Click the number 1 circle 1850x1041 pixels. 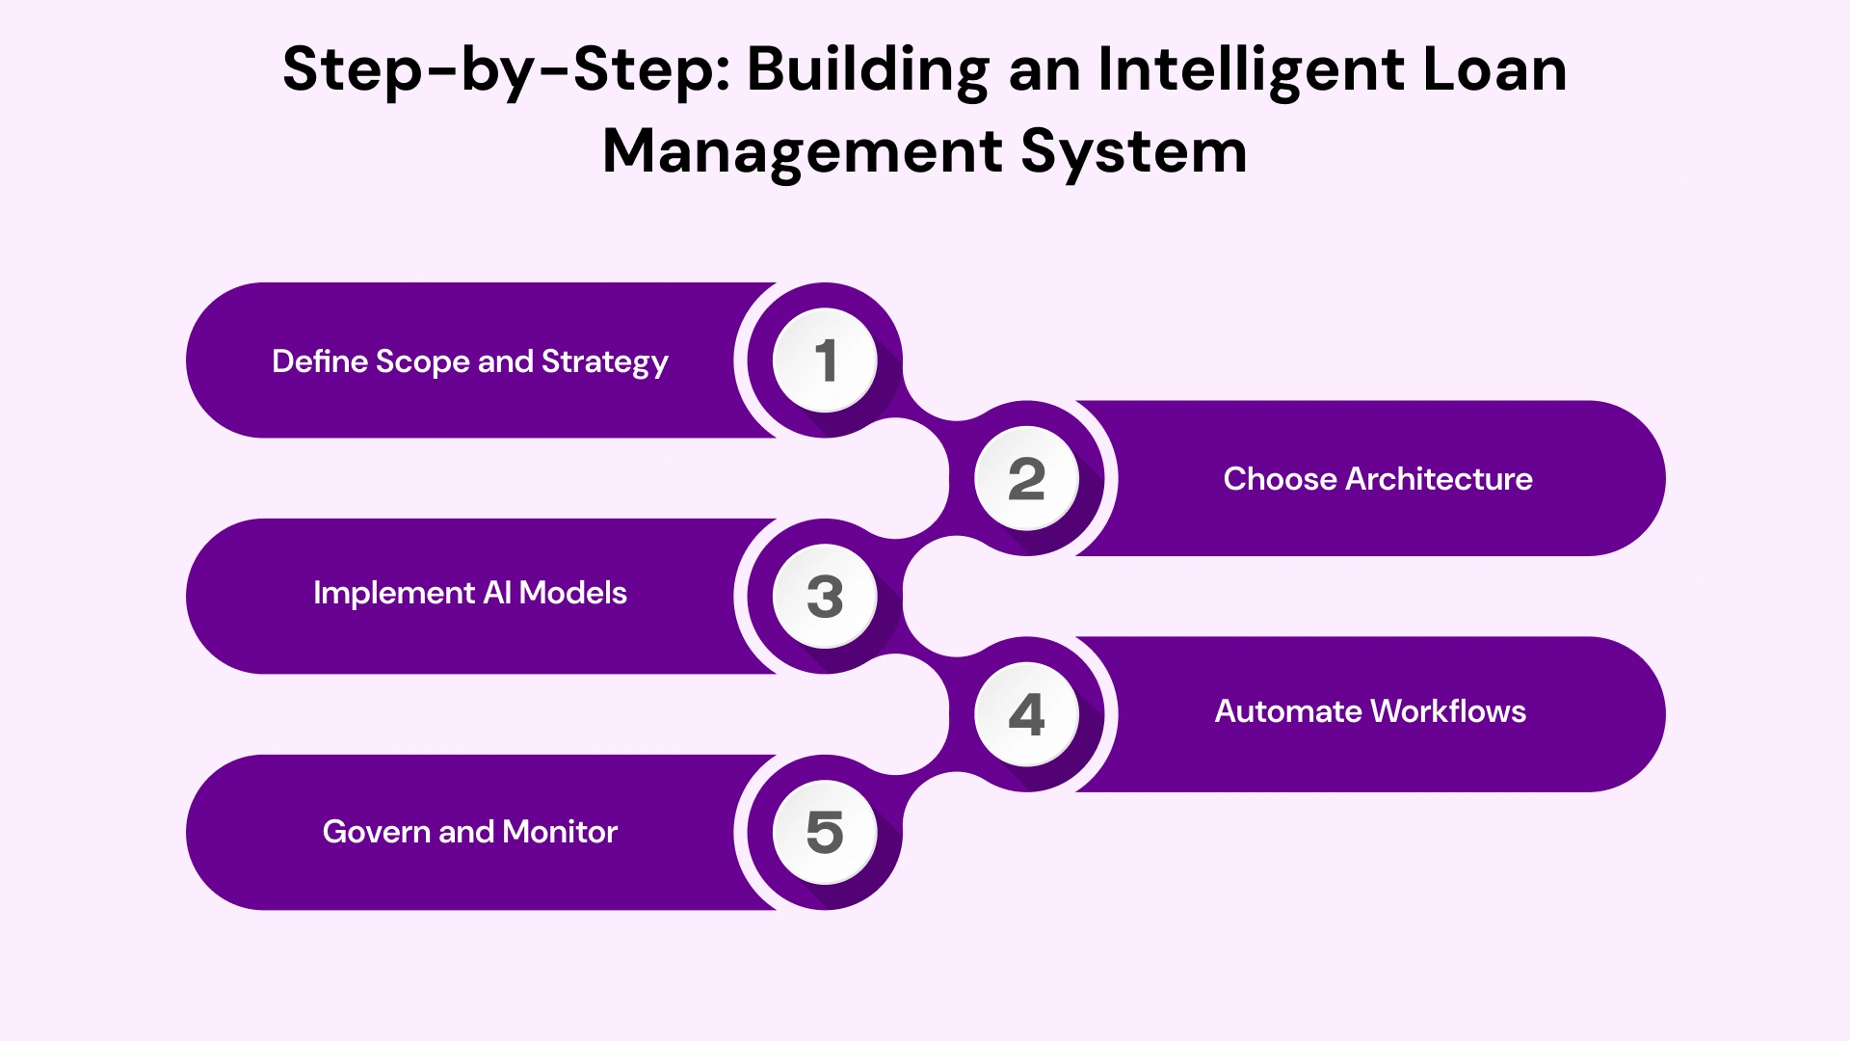(825, 360)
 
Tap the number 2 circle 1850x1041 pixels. (1026, 479)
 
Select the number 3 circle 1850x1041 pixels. (825, 597)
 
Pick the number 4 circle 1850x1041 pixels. (1026, 714)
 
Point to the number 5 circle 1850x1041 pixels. (825, 832)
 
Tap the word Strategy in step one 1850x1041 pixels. (604, 362)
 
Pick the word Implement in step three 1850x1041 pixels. (393, 593)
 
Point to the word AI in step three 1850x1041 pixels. (497, 593)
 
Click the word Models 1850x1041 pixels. (573, 593)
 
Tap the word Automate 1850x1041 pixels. (1288, 711)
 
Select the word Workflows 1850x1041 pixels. (1448, 711)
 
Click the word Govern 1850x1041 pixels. (377, 832)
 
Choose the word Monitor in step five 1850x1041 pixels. (560, 832)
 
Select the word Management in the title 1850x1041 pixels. (803, 151)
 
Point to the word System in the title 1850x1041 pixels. (1133, 151)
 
